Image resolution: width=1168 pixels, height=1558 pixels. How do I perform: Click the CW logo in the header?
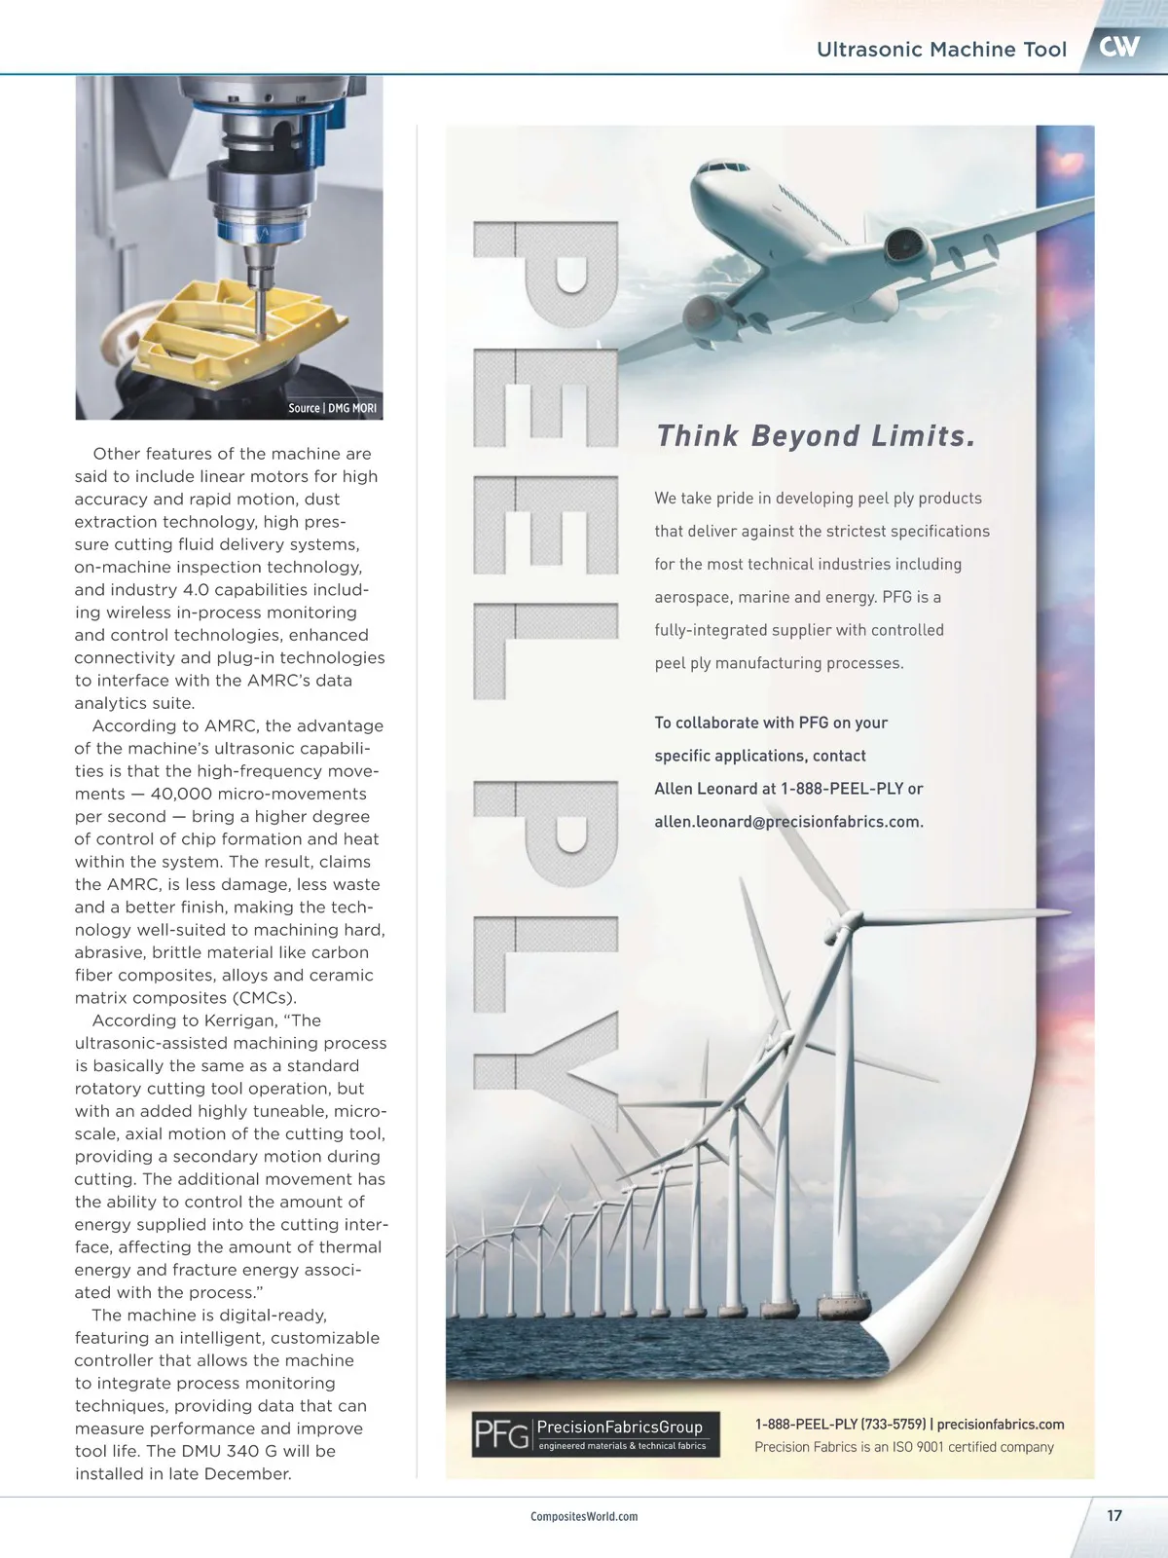tap(1119, 47)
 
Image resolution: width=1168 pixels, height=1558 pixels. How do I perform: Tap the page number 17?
tap(1114, 1515)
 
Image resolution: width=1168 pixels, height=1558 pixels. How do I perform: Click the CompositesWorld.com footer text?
tap(584, 1516)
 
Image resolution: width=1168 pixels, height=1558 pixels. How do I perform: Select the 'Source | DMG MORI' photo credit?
tap(332, 408)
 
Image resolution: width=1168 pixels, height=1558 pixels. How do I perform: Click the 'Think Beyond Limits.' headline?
tap(816, 436)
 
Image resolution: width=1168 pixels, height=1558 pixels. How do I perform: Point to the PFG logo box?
tap(596, 1433)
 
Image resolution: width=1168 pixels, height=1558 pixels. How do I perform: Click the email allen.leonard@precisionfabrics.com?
tap(788, 822)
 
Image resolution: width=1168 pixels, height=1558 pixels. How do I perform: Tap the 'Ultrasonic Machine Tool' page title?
tap(941, 50)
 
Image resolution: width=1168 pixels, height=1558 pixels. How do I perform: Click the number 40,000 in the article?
tap(185, 794)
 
